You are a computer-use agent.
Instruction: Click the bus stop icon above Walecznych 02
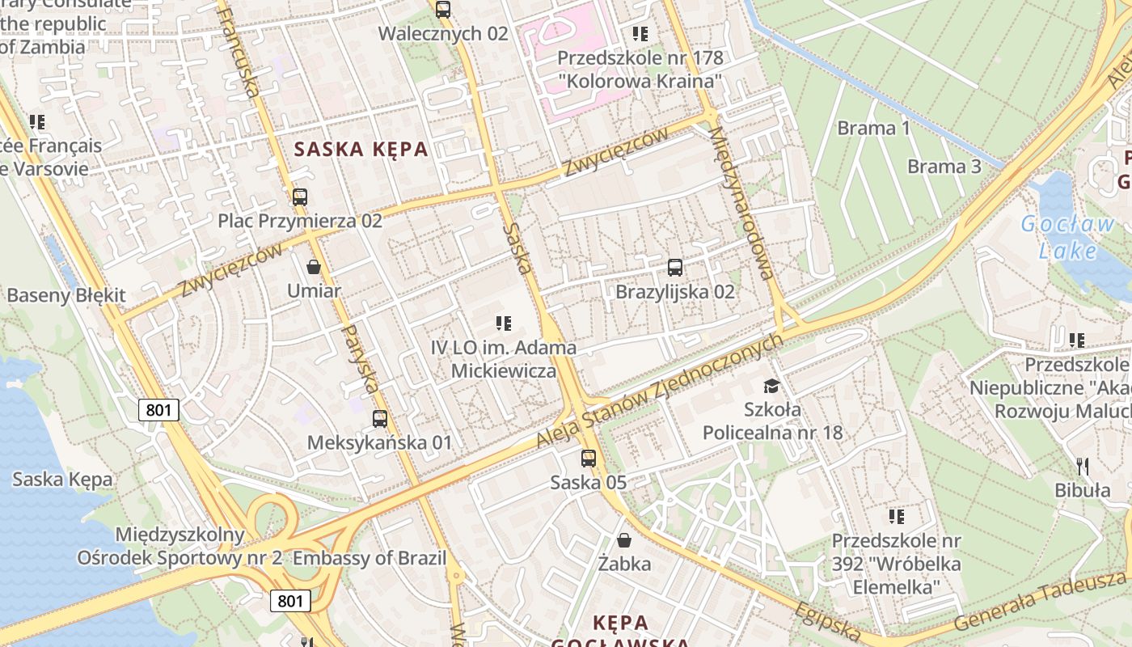point(442,10)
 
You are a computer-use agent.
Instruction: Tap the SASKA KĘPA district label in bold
point(361,150)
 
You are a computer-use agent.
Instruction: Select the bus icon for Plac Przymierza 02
point(300,197)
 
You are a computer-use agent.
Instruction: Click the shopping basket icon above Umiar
point(314,267)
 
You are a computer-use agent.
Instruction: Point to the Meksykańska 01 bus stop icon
point(379,419)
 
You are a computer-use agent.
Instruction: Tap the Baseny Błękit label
point(66,295)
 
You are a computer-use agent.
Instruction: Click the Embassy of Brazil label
point(370,558)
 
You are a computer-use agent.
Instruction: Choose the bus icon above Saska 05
point(589,459)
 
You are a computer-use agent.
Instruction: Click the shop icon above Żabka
point(624,539)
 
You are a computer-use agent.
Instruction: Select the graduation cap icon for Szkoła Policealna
point(772,386)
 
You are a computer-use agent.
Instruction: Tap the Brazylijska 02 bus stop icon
point(675,268)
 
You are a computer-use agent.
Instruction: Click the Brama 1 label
point(873,128)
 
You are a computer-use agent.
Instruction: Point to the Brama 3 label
point(944,167)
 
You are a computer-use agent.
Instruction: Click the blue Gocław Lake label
point(1067,237)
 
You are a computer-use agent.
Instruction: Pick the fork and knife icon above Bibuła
point(1083,466)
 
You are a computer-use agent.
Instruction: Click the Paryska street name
point(361,358)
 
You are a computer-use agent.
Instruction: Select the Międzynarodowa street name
point(741,202)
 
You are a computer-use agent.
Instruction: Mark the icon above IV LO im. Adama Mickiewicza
point(504,323)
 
